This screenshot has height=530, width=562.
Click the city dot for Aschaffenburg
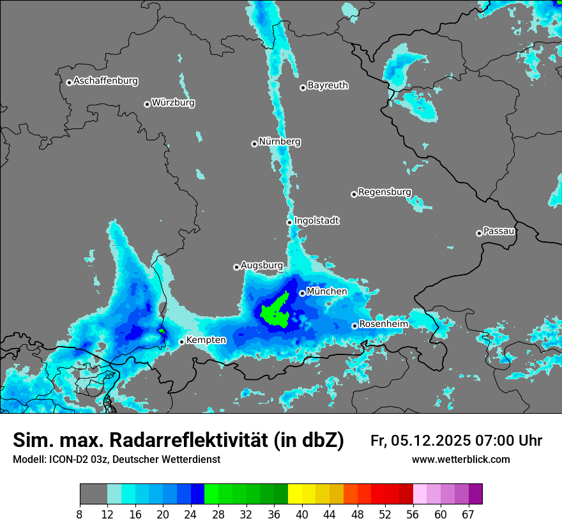point(69,82)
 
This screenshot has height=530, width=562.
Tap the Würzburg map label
point(173,103)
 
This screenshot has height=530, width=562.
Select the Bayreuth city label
point(328,86)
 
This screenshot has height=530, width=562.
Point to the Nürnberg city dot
point(254,144)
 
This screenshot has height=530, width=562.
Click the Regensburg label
point(384,192)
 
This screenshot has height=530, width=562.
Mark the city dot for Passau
point(479,233)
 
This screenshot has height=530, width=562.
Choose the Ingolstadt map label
point(317,221)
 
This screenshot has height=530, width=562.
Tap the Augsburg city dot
point(236,267)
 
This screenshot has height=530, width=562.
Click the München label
point(327,292)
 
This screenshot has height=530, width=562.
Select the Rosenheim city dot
point(354,326)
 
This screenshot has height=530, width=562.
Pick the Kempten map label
point(206,340)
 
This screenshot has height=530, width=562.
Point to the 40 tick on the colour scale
point(302,515)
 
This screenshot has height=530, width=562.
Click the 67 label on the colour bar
point(468,515)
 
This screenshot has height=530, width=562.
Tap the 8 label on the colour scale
point(80,515)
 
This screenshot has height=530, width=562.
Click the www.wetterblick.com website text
point(460,460)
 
